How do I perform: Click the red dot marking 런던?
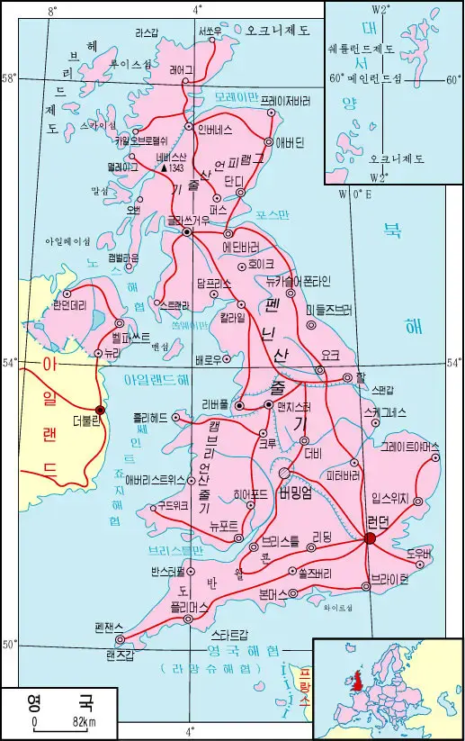click(370, 538)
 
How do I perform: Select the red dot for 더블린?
click(100, 410)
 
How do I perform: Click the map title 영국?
click(54, 700)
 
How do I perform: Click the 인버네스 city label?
click(217, 127)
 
